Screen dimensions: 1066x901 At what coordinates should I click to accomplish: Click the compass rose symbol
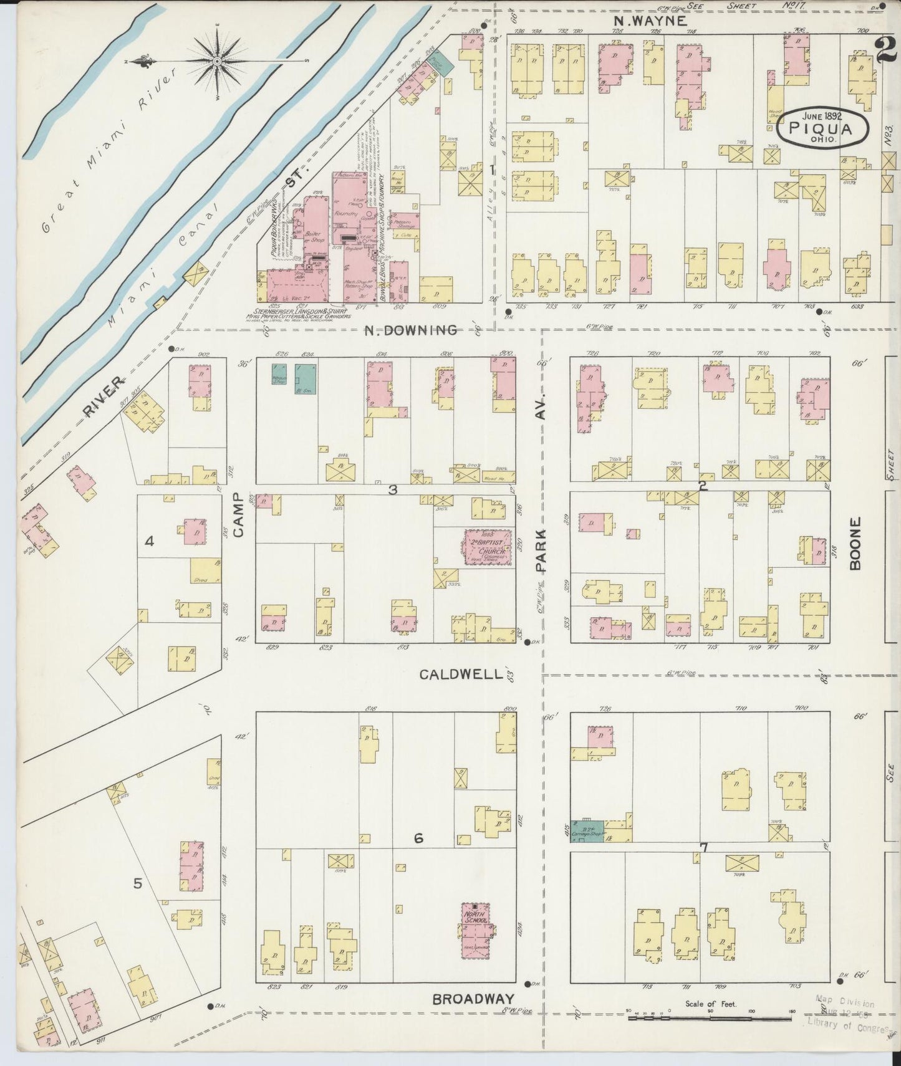[216, 60]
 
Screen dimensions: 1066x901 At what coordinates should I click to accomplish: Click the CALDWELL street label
[460, 674]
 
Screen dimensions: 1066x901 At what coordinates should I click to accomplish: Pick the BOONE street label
[854, 543]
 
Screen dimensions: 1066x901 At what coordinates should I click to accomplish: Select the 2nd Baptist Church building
[488, 547]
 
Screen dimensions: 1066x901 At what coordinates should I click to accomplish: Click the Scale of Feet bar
[711, 1017]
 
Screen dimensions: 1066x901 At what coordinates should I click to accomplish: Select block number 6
[418, 838]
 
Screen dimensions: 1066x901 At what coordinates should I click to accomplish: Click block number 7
[703, 847]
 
